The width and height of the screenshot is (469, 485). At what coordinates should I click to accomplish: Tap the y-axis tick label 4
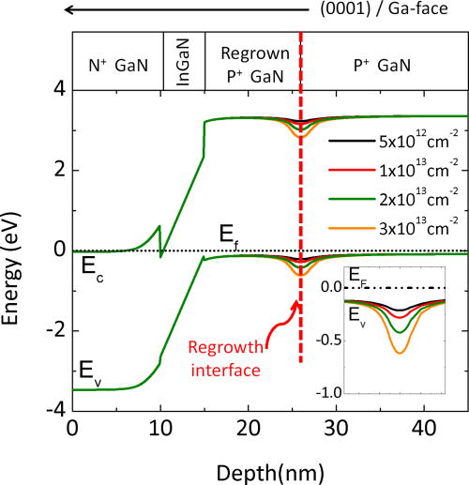(x=57, y=90)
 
